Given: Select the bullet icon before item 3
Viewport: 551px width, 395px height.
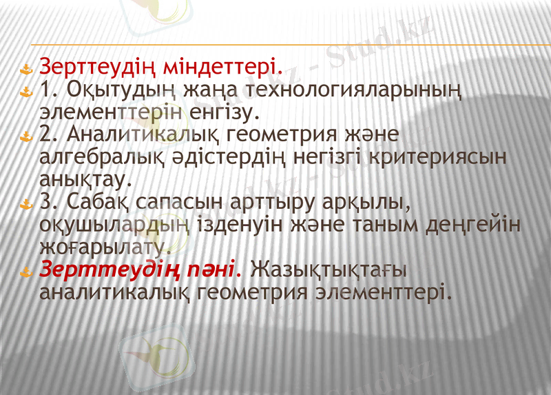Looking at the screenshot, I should pos(26,205).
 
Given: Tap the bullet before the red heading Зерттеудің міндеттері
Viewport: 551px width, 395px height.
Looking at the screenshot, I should pos(26,69).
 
